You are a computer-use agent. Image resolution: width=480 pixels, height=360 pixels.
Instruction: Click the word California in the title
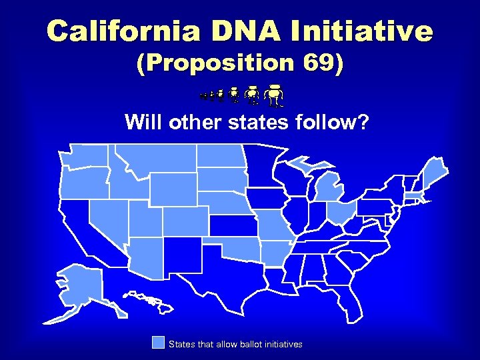click(x=114, y=31)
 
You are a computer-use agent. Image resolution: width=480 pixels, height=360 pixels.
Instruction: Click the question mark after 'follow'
click(x=362, y=123)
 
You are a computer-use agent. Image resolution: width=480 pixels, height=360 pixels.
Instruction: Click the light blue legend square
click(x=158, y=343)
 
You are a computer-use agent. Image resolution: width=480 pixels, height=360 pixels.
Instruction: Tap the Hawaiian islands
click(x=149, y=301)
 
